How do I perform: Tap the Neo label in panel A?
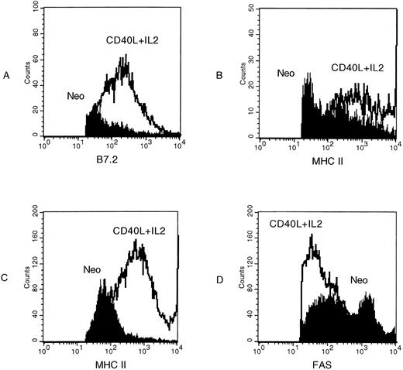pyautogui.click(x=76, y=98)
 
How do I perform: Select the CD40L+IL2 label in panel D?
pyautogui.click(x=295, y=224)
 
